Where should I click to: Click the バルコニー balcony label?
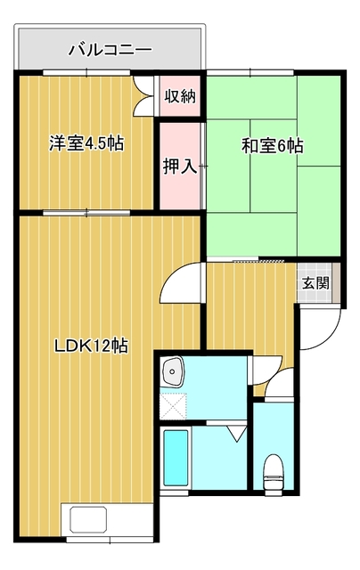(110, 50)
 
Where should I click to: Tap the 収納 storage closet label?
(180, 96)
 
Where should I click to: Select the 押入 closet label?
(180, 167)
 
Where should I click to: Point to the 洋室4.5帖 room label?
(86, 143)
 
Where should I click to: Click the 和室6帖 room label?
(273, 146)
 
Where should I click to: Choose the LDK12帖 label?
(91, 346)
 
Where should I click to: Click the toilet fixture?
(274, 472)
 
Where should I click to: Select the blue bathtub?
(176, 458)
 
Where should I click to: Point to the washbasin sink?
(173, 371)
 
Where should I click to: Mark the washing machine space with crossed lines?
(174, 406)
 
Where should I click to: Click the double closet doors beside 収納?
(143, 96)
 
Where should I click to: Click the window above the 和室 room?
(250, 72)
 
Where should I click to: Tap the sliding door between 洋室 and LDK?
(86, 213)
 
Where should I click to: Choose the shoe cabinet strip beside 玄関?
(336, 282)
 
